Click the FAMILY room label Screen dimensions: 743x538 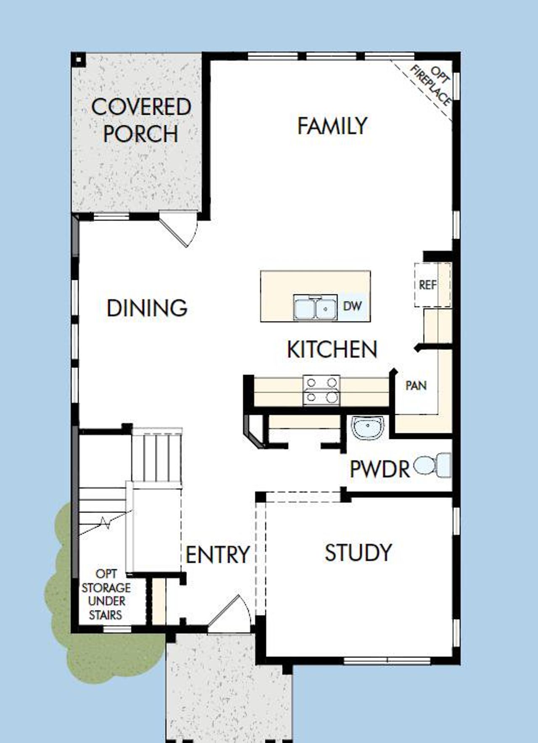click(332, 126)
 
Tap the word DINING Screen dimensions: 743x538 click(147, 308)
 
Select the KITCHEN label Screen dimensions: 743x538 click(332, 349)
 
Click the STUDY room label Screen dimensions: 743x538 click(358, 553)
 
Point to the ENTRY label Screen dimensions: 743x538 click(217, 555)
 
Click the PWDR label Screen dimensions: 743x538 click(380, 469)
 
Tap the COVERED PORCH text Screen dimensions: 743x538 click(141, 120)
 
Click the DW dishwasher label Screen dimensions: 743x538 click(352, 306)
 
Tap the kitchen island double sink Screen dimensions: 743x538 click(315, 308)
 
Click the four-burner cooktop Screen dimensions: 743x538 click(322, 390)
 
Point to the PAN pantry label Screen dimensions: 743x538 click(416, 385)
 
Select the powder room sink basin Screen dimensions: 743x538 click(367, 428)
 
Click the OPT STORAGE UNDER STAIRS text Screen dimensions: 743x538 click(106, 594)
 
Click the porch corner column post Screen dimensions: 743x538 click(79, 60)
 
